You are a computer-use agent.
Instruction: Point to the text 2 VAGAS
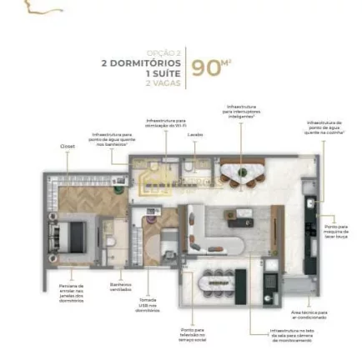(x=163, y=82)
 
